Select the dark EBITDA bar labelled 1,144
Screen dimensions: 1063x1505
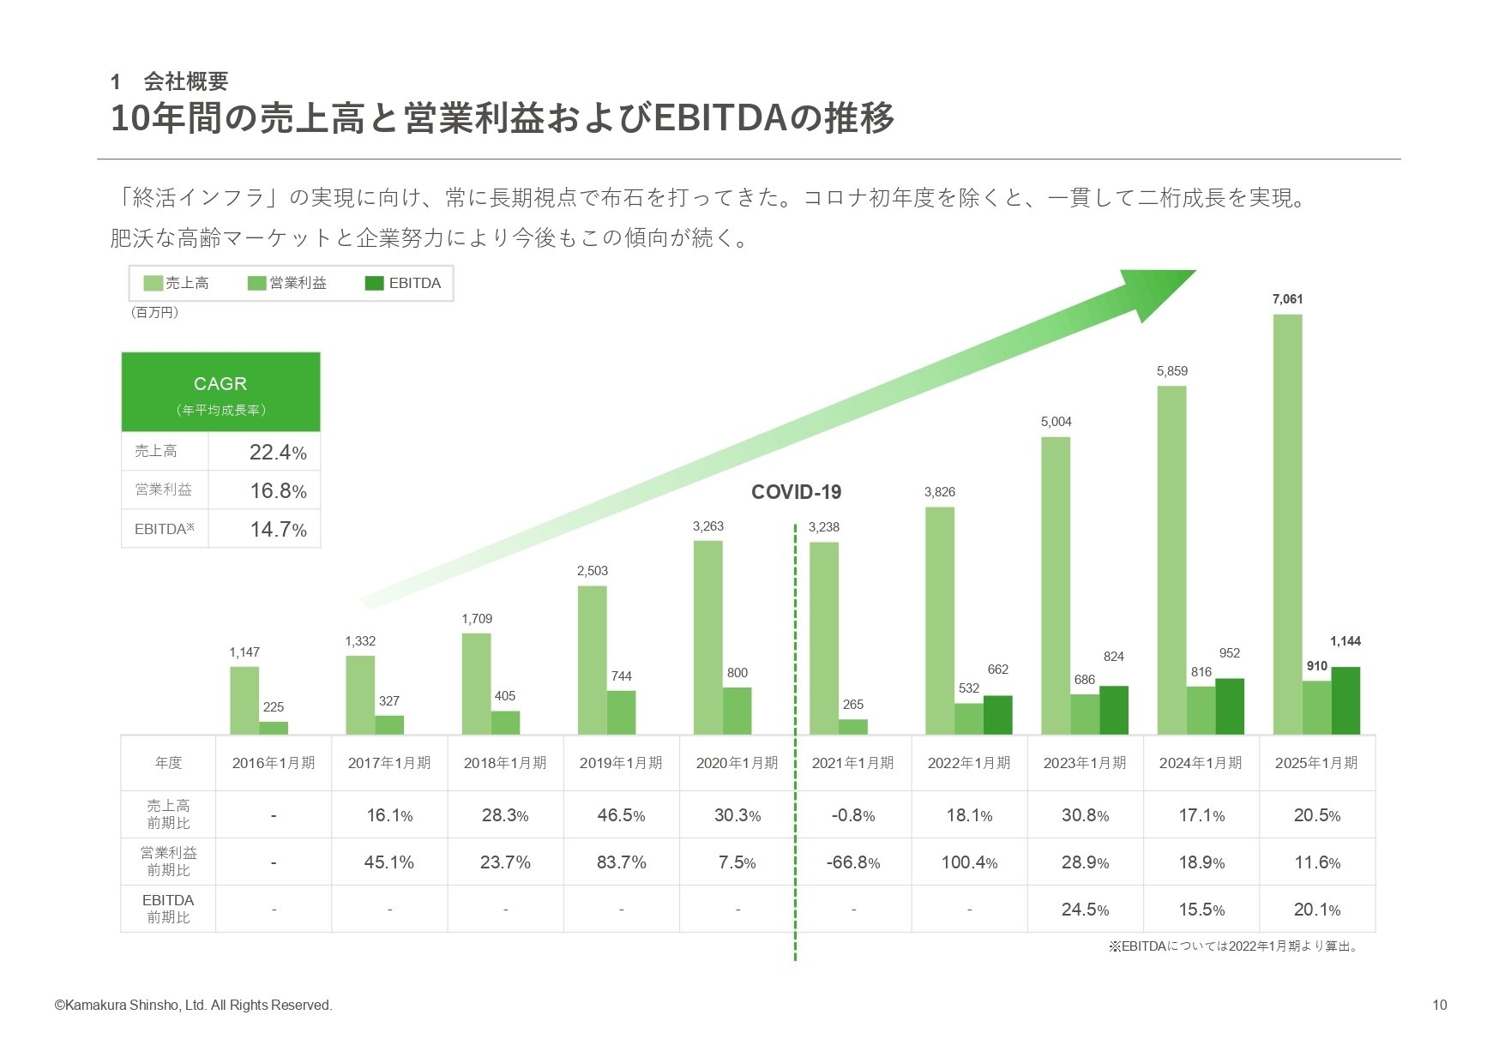click(x=1345, y=700)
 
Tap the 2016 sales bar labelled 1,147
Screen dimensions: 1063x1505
click(x=244, y=700)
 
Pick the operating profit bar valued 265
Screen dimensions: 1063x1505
click(x=852, y=727)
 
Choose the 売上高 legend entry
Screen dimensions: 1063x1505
click(x=177, y=284)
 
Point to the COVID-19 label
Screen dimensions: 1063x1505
click(x=796, y=492)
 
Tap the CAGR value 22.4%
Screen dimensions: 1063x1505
click(x=277, y=452)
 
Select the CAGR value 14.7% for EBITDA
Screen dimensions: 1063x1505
click(x=277, y=529)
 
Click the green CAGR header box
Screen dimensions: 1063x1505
click(x=220, y=392)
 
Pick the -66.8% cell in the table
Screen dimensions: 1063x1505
click(x=852, y=862)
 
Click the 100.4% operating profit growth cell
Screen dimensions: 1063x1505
click(x=969, y=862)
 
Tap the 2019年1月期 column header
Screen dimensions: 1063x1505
click(x=621, y=763)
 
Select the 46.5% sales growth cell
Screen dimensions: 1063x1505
click(x=621, y=815)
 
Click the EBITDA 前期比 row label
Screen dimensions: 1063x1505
click(x=168, y=909)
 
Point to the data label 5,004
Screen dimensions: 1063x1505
click(x=1056, y=422)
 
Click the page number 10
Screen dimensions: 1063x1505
click(x=1439, y=1005)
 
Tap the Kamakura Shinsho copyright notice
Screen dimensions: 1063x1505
click(x=193, y=1005)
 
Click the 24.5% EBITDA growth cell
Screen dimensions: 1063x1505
click(x=1085, y=910)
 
